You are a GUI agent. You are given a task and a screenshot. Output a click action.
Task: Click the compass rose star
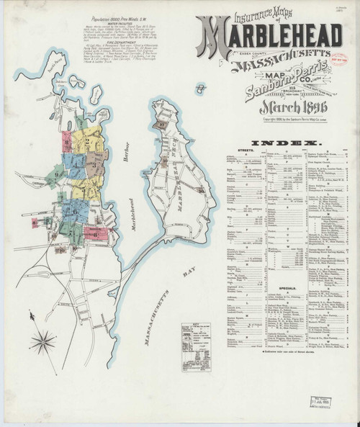pyautogui.click(x=43, y=341)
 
